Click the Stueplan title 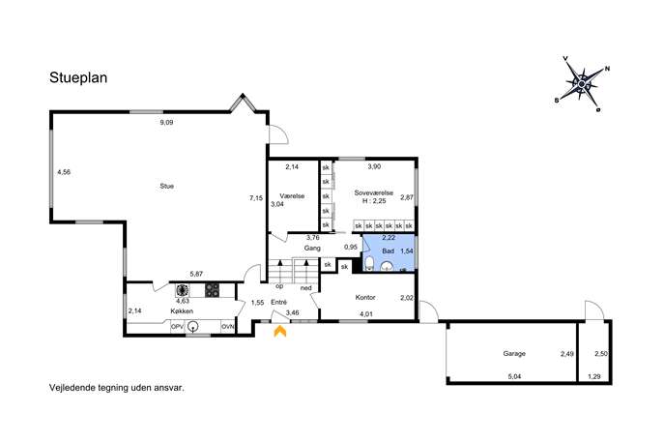click(78, 78)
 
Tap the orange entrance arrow click(280, 331)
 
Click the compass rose click(582, 84)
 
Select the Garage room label click(514, 353)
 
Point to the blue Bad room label click(388, 251)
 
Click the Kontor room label click(365, 298)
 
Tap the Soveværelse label click(373, 192)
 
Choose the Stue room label click(167, 186)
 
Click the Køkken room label click(182, 311)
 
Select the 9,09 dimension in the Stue click(166, 123)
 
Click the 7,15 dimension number click(256, 198)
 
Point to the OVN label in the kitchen click(228, 327)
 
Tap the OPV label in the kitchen click(177, 327)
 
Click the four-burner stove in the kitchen click(213, 290)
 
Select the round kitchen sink click(193, 327)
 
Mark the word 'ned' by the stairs click(305, 288)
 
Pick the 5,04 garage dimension click(514, 376)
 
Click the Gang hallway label click(312, 249)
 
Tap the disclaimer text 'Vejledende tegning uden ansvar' click(117, 387)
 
